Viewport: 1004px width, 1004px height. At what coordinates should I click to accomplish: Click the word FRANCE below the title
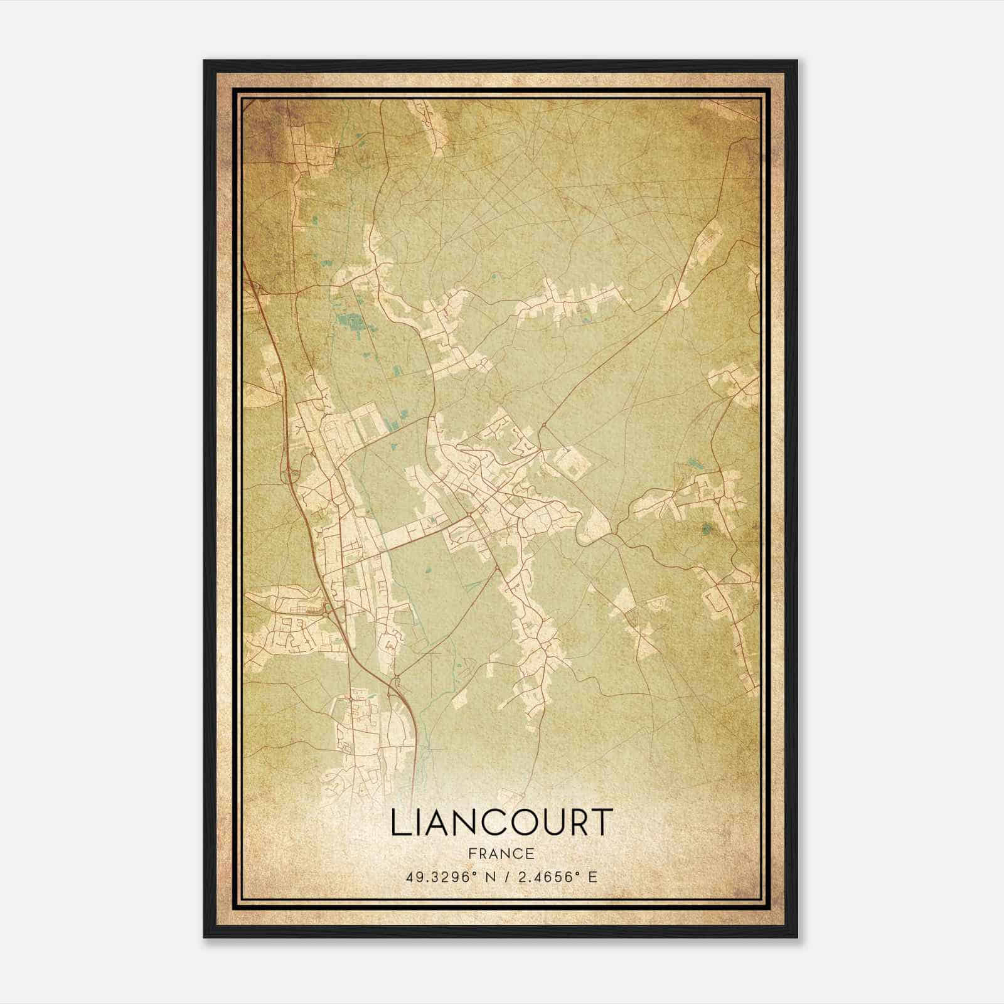point(502,853)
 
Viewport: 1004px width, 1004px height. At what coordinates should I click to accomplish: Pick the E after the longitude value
point(592,877)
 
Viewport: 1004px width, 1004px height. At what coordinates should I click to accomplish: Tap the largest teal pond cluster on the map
point(351,323)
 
